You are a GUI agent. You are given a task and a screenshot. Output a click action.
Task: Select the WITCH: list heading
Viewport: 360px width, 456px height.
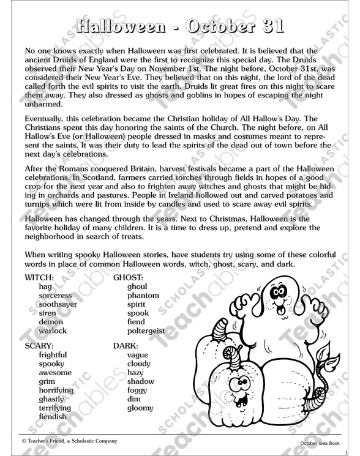(40, 277)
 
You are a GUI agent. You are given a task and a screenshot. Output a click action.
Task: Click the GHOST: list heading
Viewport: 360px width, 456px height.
(129, 277)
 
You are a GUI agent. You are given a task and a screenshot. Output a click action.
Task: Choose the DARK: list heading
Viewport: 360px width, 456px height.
(127, 345)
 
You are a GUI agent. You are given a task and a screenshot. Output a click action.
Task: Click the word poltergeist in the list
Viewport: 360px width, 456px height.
(146, 331)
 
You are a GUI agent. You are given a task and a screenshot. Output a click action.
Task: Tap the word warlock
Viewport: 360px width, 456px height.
(52, 331)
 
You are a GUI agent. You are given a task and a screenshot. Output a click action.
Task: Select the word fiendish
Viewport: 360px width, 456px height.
(53, 417)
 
